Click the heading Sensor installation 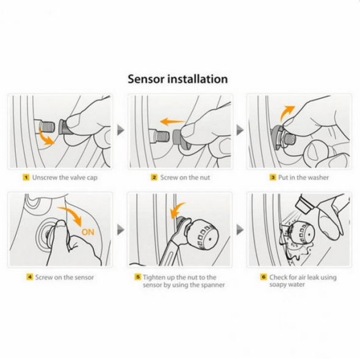coord(178,79)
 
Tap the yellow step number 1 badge coord(26,178)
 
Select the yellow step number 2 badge coord(154,178)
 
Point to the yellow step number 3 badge coord(273,178)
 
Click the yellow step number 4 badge coord(30,277)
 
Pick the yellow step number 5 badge coord(137,277)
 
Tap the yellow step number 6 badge coord(264,277)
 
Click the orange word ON coord(88,232)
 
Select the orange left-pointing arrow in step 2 coord(172,121)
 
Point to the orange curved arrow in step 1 coord(43,137)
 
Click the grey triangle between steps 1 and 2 coord(121,130)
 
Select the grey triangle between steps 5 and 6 coord(240,229)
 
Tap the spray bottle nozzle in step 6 coord(304,204)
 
